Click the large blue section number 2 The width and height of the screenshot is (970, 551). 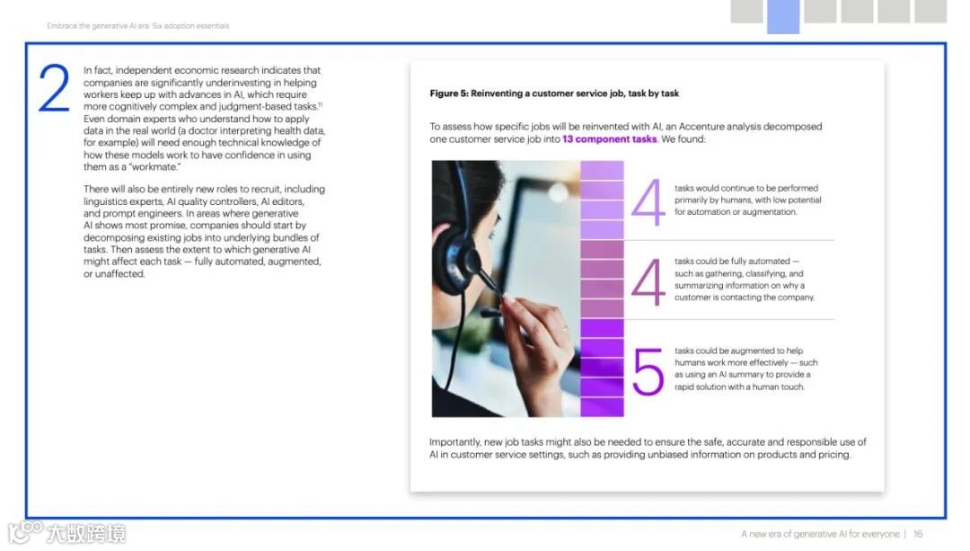(54, 88)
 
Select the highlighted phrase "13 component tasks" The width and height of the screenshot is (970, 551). (609, 139)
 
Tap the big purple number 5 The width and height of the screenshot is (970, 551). (648, 371)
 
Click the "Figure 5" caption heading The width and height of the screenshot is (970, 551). (554, 93)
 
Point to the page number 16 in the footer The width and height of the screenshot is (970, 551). (918, 534)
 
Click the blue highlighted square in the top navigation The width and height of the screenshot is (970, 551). (783, 16)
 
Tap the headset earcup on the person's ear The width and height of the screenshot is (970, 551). (457, 258)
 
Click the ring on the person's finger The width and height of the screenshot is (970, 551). (564, 329)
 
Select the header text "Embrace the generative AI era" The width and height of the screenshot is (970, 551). (98, 26)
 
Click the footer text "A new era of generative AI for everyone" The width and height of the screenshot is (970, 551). (820, 534)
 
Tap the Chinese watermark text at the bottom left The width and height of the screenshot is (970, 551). (86, 533)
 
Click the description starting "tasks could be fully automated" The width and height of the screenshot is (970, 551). (745, 280)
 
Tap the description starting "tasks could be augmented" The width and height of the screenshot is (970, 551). (746, 369)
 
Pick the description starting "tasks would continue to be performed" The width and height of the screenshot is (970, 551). (748, 200)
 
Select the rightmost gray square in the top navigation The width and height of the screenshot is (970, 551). (930, 11)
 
